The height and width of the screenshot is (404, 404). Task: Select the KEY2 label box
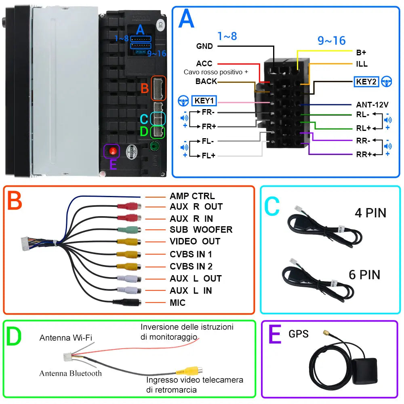(366, 82)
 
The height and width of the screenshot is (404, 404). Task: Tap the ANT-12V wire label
(372, 105)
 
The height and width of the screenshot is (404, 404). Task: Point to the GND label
(204, 46)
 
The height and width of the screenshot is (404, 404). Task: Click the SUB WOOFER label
(201, 229)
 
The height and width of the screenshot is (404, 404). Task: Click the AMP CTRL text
(192, 196)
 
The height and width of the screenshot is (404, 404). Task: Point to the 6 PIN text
(364, 275)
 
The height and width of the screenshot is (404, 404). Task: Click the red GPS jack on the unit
(113, 151)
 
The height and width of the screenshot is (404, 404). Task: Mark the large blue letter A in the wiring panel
(186, 19)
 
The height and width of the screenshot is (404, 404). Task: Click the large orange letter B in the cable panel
(14, 201)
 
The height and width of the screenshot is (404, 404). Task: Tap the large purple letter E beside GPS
(275, 335)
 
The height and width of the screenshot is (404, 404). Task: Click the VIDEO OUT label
(195, 242)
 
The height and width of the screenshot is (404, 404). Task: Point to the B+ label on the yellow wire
(361, 52)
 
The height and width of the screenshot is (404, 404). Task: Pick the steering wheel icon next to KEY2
(387, 82)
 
